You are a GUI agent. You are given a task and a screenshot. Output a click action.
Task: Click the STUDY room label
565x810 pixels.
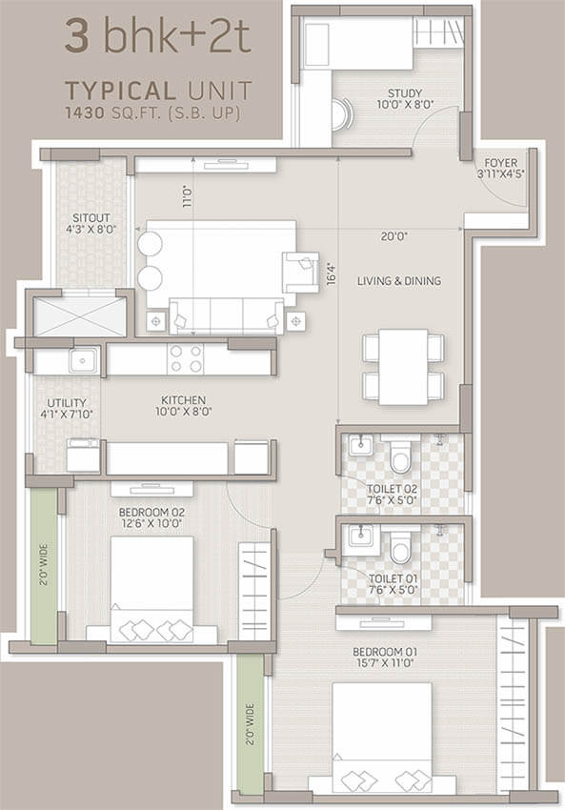point(405,93)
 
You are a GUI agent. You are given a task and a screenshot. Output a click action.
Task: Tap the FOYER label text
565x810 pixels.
point(500,163)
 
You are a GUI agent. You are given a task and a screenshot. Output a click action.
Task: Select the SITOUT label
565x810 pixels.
point(91,217)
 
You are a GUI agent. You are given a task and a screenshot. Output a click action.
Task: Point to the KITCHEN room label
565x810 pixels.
point(183,400)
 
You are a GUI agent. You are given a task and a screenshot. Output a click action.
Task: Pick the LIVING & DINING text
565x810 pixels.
point(399,281)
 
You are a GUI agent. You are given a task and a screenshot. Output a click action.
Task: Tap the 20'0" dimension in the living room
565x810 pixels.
point(394,236)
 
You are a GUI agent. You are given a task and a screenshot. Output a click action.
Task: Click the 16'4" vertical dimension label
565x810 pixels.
point(332,274)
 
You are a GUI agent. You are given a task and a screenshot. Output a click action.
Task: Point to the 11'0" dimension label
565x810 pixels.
point(187,197)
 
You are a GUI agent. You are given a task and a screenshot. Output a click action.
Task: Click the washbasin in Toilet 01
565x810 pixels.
point(359,536)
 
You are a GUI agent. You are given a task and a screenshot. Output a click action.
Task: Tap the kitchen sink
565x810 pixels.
point(84,360)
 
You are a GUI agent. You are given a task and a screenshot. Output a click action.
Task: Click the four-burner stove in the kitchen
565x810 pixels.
point(186,359)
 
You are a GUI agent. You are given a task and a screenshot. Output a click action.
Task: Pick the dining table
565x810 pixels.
point(403,367)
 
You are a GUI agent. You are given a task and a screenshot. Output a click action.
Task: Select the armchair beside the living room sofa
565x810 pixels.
point(300,273)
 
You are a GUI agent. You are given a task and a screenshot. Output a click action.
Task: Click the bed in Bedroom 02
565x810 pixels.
point(151,590)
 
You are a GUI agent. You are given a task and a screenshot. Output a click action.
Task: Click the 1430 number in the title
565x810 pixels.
point(85,112)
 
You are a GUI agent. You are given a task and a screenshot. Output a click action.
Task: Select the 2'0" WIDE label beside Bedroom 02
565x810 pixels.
point(44,564)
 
